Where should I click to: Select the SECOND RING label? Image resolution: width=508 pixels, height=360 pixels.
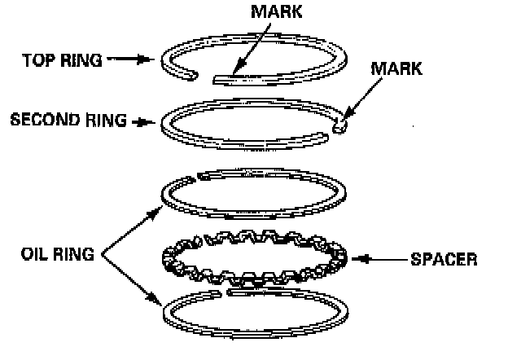68,120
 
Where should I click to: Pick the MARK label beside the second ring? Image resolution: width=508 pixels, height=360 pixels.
396,68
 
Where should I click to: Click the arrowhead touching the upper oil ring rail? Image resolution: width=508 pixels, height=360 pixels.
157,209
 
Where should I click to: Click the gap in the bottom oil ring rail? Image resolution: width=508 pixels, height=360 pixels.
224,289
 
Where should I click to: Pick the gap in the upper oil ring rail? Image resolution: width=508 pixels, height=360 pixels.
195,178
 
